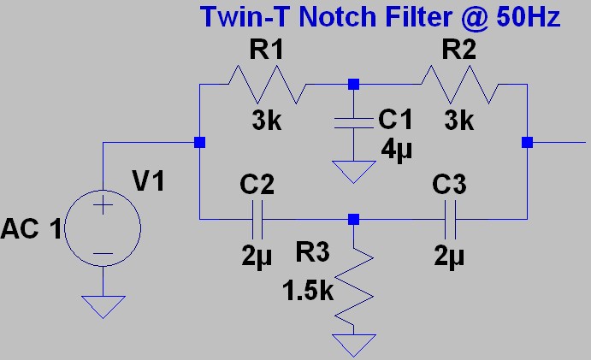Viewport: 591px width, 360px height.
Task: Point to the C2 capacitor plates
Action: point(257,220)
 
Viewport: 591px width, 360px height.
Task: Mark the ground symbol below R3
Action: point(353,345)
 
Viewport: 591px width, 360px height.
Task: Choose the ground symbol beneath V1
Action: point(103,305)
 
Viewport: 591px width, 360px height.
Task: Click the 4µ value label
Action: point(396,150)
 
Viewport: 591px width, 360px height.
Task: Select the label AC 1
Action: point(31,229)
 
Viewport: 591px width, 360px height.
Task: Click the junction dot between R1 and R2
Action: point(353,85)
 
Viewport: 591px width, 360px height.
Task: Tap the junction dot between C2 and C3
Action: point(353,220)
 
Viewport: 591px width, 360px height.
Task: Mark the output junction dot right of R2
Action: point(528,142)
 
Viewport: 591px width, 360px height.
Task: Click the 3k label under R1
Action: point(269,121)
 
